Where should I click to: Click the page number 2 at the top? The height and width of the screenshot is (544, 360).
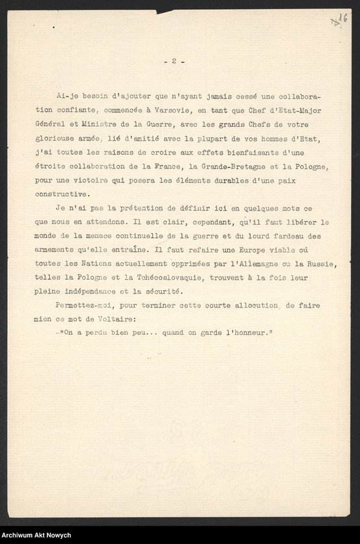click(174, 61)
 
